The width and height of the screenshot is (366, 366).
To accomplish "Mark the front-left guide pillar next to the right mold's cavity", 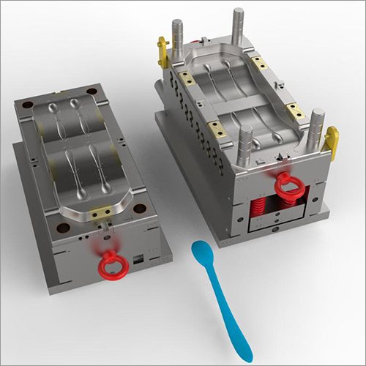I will [246, 143].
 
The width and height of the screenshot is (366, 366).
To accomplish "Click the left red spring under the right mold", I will [258, 208].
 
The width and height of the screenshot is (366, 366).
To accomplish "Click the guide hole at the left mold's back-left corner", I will [29, 105].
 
